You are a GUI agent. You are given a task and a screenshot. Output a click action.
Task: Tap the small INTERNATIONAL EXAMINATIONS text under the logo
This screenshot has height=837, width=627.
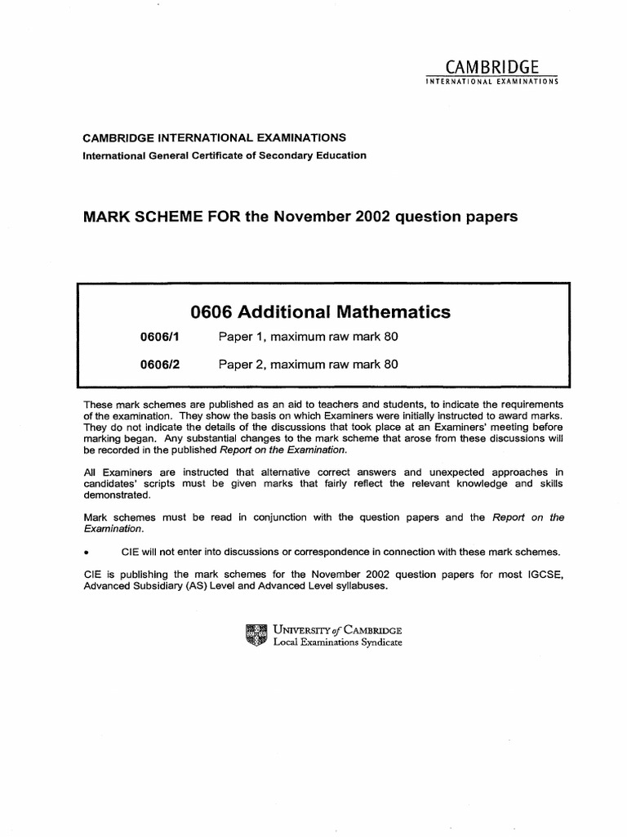tap(491, 83)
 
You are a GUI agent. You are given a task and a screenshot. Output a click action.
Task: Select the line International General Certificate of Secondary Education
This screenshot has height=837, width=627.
tap(225, 155)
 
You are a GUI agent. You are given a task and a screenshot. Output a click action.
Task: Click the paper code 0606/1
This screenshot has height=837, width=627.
tap(160, 338)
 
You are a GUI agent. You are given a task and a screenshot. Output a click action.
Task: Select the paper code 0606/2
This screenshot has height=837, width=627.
tap(160, 365)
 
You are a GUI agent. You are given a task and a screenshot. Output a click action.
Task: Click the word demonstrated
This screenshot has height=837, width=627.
tap(117, 495)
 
